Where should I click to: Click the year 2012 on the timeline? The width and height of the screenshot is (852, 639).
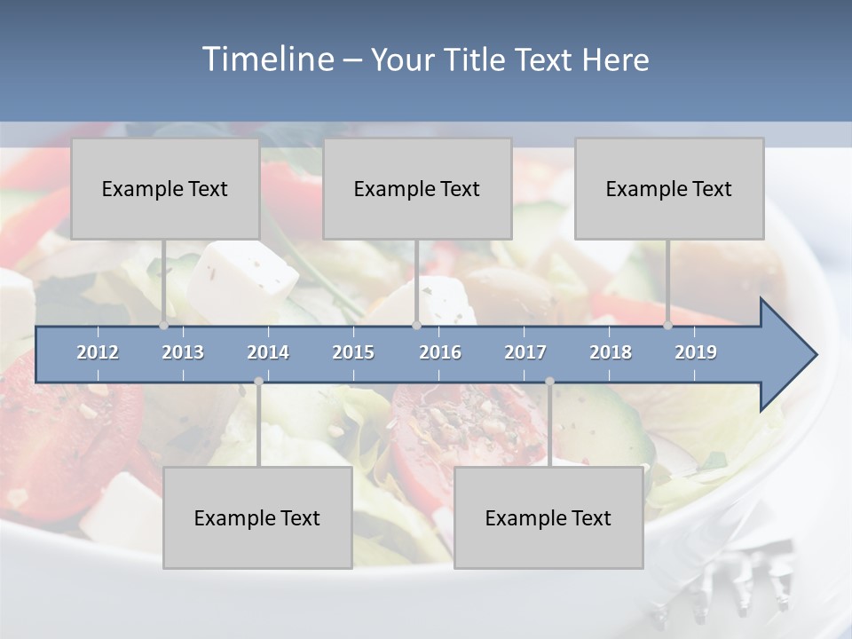click(x=98, y=352)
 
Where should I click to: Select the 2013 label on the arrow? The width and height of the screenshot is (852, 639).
click(x=183, y=352)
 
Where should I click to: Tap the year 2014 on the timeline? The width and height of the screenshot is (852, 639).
click(x=268, y=352)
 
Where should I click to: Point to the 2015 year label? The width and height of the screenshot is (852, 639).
click(x=353, y=352)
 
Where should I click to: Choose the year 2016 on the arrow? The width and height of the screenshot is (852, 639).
click(x=440, y=352)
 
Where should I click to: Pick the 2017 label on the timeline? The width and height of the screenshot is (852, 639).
click(x=525, y=352)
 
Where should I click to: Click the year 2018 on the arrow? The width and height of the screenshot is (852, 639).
click(x=611, y=352)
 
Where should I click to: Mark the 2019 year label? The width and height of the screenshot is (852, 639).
click(x=696, y=352)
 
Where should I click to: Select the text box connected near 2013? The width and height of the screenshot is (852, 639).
click(x=164, y=188)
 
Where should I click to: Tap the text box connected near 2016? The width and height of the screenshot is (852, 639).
click(x=416, y=188)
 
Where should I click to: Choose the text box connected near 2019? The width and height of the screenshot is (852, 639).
click(x=668, y=188)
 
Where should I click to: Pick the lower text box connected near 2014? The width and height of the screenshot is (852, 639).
click(x=257, y=517)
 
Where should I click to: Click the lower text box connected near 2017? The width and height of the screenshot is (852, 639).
click(x=548, y=517)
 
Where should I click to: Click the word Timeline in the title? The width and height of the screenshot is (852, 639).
click(x=267, y=59)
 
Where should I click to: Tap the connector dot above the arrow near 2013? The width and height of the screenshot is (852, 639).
click(x=163, y=326)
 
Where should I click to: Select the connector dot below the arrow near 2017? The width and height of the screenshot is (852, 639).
click(x=549, y=382)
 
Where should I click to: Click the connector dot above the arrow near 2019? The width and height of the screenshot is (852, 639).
click(x=667, y=326)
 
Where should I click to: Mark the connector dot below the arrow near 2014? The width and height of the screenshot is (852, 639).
click(x=258, y=382)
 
